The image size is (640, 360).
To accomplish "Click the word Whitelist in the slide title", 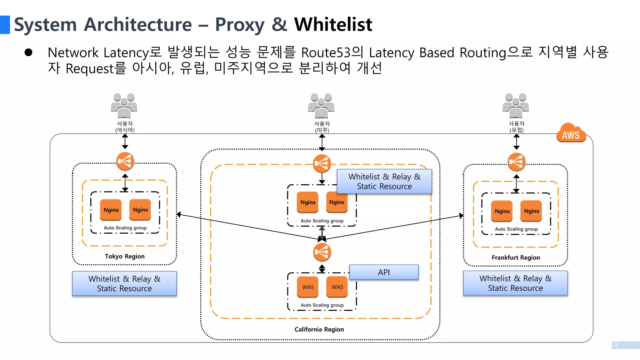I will coord(333,24).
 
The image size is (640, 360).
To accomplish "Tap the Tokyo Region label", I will coord(125,256).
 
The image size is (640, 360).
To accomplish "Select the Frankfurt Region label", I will coord(516,257).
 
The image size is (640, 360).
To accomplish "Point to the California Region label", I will coord(319,329).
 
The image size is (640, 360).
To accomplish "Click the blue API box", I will coord(384,272).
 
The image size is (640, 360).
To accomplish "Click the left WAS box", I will coord(308,287).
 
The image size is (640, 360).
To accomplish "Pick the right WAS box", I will coord(337,287).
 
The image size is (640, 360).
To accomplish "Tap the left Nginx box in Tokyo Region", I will coord(111,210).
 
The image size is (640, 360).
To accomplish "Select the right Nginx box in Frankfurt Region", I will coord(531,211).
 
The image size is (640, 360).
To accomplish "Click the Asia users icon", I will coord(124,105).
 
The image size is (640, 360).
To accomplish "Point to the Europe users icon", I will coord(516,105).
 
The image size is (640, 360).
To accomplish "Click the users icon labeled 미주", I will coord(321,105).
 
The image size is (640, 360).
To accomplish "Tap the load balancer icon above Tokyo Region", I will coord(125,161).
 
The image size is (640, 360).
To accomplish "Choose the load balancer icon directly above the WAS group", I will coord(322,252).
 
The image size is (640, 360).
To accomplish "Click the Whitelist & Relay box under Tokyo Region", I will coord(124,283).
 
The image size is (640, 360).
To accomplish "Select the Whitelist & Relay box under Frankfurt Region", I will coord(515,283).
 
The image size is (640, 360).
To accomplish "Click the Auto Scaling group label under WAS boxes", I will coord(322,305).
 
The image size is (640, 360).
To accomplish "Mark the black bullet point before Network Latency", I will coord(28,52).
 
